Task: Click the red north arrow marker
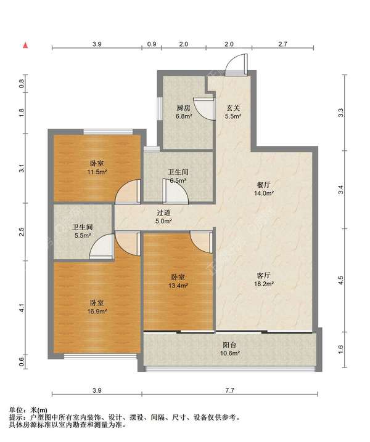(25, 45)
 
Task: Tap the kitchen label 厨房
(184, 108)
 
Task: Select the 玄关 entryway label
(233, 108)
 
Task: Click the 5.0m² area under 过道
(164, 221)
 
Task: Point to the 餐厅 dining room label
(263, 185)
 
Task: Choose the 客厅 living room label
(263, 275)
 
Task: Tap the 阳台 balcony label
(229, 345)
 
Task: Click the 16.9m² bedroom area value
(97, 311)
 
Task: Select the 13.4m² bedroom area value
(178, 286)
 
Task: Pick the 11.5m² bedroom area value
(97, 172)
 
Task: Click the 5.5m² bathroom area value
(83, 235)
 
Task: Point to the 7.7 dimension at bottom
(229, 390)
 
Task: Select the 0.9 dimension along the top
(152, 44)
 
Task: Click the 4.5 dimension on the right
(340, 280)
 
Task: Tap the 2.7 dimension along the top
(282, 44)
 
